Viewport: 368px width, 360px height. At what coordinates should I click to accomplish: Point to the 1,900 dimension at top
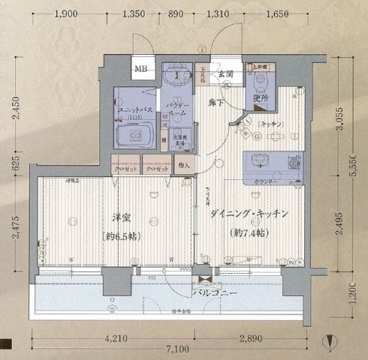coord(67,14)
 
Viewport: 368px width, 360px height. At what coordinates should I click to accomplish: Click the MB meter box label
coord(141,70)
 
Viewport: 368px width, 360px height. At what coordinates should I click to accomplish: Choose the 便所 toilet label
coord(261,97)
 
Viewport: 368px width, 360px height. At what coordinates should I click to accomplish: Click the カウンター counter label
coord(264,181)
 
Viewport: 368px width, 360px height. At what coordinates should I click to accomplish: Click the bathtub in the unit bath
coord(137,136)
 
